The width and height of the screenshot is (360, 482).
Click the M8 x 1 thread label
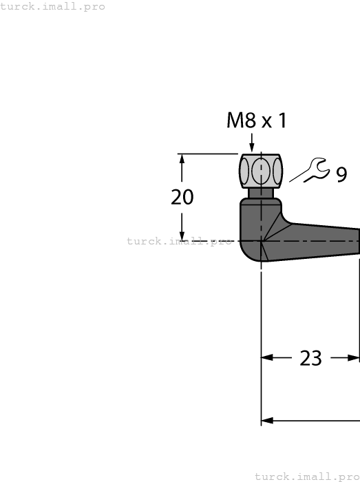point(256,121)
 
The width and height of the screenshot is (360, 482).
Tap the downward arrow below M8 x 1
point(253,145)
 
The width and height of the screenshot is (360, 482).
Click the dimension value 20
point(182,198)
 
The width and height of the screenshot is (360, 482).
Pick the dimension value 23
point(311,358)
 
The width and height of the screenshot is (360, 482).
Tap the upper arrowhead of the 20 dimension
point(182,158)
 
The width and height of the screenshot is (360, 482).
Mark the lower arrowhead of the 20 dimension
point(182,235)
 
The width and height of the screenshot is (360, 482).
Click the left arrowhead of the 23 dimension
point(267,358)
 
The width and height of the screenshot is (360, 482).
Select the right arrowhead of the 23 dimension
point(354,358)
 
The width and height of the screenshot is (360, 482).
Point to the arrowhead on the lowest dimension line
point(267,421)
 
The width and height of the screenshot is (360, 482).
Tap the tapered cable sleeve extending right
point(324,240)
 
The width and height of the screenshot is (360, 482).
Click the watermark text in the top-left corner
point(53,6)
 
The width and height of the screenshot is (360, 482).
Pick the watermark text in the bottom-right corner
point(307,476)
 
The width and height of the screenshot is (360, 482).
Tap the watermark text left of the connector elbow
point(179,241)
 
